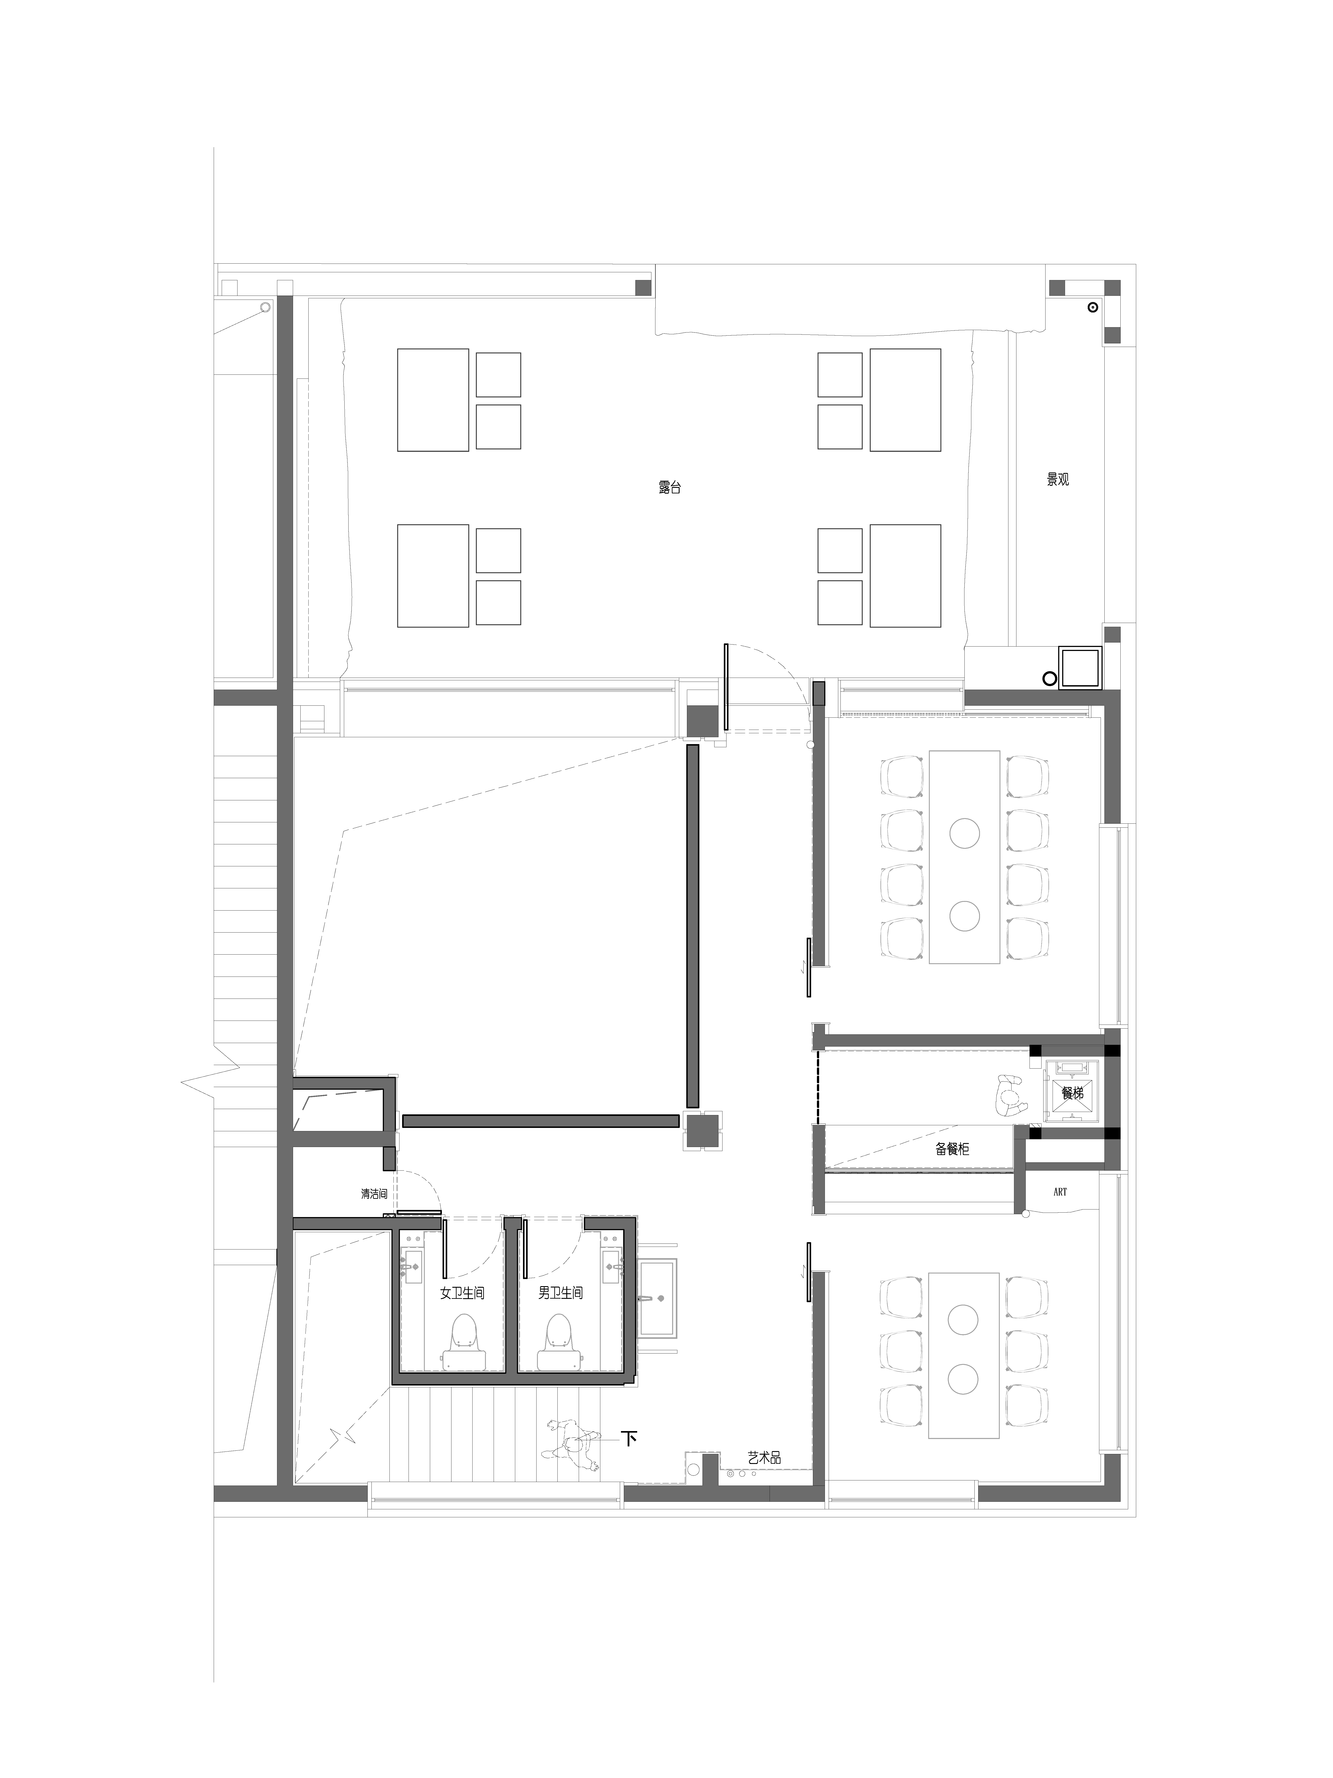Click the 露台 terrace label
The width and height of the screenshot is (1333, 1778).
(x=669, y=487)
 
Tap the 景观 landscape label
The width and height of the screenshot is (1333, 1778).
(x=1057, y=480)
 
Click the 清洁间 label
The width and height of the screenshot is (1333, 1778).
(x=374, y=1194)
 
